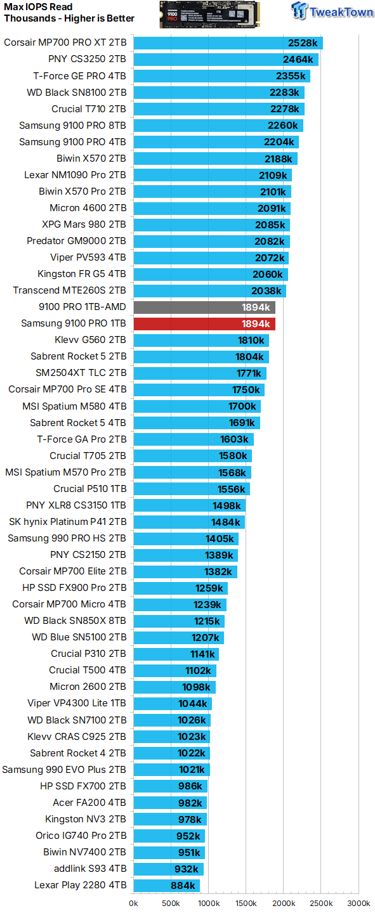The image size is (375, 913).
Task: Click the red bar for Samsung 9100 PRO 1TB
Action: tap(204, 324)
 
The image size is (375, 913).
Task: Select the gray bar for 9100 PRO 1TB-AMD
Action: tap(204, 308)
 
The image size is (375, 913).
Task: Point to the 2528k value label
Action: tap(301, 43)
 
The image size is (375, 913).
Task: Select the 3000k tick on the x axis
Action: tap(359, 903)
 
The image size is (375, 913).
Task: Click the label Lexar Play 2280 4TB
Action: tap(81, 885)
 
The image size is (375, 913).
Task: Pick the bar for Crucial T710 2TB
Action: tap(218, 109)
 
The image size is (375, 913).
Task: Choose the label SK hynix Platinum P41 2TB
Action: tap(68, 522)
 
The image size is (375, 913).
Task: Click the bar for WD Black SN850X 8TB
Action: tap(178, 621)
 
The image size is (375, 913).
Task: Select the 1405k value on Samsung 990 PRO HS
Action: tap(220, 538)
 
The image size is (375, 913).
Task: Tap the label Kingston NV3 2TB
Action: tap(86, 819)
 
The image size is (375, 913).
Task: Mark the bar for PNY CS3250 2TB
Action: tap(225, 60)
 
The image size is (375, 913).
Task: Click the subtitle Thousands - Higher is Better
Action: tap(69, 18)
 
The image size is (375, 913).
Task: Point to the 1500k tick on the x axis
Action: tap(246, 903)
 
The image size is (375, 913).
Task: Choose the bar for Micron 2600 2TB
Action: tap(174, 687)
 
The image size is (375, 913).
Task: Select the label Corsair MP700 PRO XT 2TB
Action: tap(65, 43)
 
